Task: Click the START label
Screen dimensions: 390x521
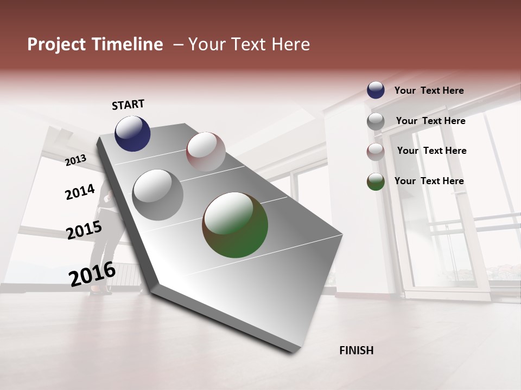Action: click(128, 105)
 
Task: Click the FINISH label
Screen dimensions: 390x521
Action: click(357, 350)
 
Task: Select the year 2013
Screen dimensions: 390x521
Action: click(75, 160)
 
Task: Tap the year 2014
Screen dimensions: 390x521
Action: click(80, 192)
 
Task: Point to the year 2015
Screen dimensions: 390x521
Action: click(84, 230)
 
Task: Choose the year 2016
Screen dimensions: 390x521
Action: click(92, 274)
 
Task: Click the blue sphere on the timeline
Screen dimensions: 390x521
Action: click(132, 133)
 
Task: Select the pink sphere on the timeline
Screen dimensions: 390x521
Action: click(206, 151)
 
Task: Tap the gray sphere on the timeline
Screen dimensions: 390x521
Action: click(157, 194)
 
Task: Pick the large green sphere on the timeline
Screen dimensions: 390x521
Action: click(235, 225)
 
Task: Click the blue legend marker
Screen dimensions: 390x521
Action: click(376, 90)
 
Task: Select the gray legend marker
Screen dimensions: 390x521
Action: click(376, 121)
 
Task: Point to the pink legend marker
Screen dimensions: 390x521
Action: click(376, 151)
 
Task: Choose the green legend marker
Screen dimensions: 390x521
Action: click(376, 181)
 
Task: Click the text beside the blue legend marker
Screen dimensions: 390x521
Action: click(429, 90)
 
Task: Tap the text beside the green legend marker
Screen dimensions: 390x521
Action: click(429, 181)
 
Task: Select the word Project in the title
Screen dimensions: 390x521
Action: click(56, 44)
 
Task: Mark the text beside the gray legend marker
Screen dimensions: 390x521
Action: click(430, 121)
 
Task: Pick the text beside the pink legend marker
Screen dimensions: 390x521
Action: click(431, 151)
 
